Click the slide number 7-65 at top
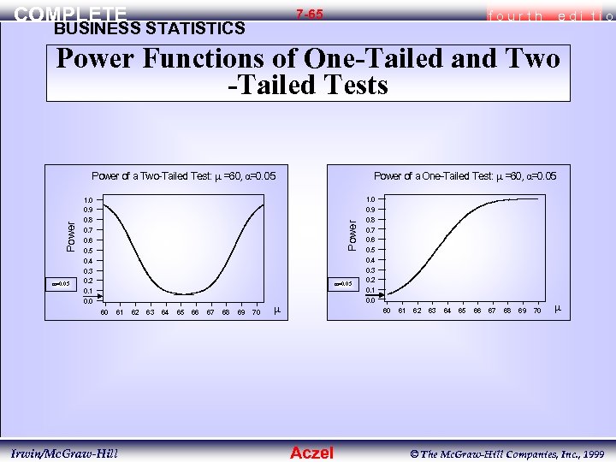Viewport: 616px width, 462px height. [310, 15]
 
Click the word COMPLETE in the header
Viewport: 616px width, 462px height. [71, 15]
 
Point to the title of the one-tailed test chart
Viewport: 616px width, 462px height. [465, 176]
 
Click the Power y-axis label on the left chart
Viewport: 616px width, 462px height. [73, 232]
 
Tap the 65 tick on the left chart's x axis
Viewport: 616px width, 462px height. [181, 313]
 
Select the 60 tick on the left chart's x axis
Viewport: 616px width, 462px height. [104, 313]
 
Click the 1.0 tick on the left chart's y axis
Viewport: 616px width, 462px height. [87, 200]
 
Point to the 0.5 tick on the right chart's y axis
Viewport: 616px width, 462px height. [370, 250]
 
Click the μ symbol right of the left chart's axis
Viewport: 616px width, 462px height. [276, 310]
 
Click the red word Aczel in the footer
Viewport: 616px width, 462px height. [312, 453]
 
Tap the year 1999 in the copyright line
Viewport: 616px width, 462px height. [591, 452]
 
